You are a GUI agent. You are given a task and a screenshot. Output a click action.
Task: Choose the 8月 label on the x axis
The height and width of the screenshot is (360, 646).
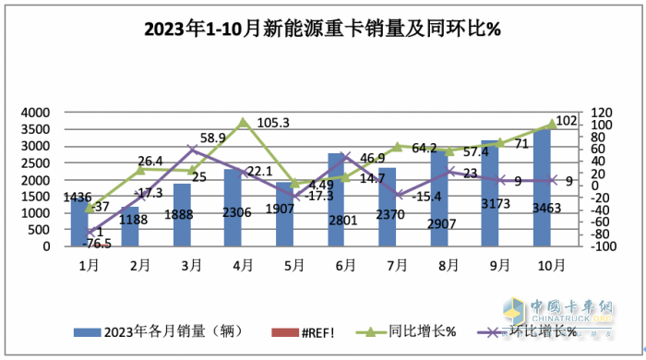coord(448,263)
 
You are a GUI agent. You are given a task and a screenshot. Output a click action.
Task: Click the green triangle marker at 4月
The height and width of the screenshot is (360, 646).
coord(244,122)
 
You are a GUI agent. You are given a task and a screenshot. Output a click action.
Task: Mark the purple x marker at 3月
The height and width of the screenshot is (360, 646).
coord(192,149)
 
